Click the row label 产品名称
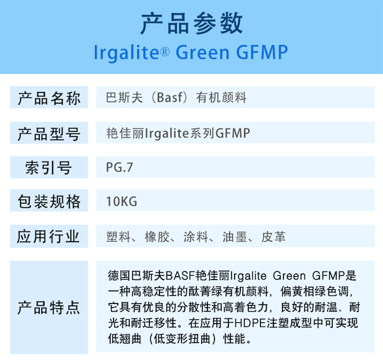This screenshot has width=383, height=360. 49,99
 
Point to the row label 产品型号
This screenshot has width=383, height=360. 49,134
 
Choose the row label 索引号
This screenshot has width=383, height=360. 49,168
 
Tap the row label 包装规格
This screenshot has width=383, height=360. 49,202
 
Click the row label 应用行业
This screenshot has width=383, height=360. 49,236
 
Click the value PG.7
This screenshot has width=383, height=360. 119,168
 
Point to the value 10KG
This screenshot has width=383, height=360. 122,202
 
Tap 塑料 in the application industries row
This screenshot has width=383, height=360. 118,237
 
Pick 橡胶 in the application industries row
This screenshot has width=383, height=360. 158,237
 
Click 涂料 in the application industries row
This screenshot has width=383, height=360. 196,237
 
